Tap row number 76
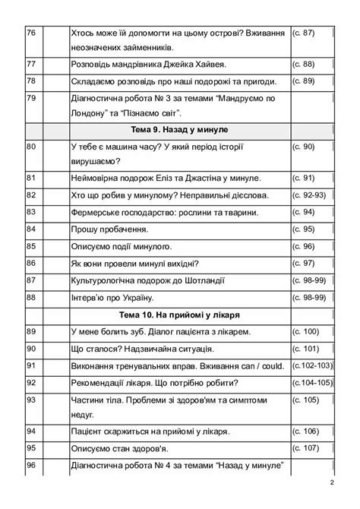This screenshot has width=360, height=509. (x=31, y=33)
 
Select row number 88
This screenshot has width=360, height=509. (x=31, y=297)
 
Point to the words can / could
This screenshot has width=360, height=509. (x=257, y=365)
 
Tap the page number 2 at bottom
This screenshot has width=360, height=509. (x=332, y=483)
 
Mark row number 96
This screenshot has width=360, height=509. (x=31, y=466)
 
